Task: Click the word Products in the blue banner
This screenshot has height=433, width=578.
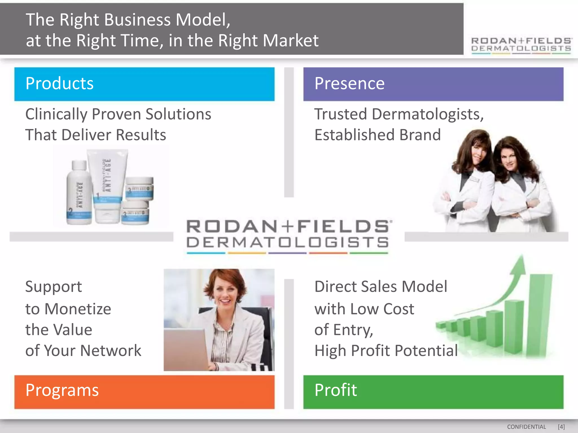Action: [59, 84]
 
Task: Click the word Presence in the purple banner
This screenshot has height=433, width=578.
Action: [349, 84]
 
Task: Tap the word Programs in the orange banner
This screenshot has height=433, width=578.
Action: [62, 390]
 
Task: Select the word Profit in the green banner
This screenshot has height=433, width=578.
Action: [336, 390]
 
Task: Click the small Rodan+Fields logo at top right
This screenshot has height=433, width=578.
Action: [521, 45]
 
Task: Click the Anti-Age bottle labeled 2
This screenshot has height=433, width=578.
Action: [79, 195]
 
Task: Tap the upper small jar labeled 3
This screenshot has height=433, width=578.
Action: [139, 188]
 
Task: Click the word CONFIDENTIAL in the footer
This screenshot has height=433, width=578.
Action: [526, 427]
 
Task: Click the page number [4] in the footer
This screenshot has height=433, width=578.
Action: [561, 427]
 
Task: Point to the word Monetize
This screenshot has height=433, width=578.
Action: [78, 309]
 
